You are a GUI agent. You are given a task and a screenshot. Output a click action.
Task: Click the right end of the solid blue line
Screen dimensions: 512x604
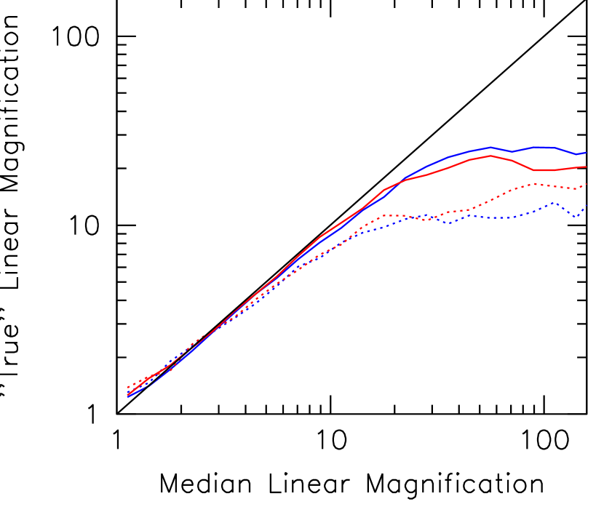point(587,153)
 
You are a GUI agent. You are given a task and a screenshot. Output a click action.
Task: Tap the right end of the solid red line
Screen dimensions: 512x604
point(587,167)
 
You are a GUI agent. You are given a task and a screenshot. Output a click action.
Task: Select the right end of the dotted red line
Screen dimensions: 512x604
point(587,183)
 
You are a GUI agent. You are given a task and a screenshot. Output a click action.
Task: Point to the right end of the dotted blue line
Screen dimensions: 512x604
point(587,206)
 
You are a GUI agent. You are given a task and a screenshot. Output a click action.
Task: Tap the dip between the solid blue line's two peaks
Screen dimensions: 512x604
point(512,151)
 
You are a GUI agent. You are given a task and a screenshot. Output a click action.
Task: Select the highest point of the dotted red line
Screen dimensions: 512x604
point(533,183)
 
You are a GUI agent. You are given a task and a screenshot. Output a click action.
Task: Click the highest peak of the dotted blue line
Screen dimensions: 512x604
point(553,203)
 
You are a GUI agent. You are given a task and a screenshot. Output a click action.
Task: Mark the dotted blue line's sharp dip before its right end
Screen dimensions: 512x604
point(576,217)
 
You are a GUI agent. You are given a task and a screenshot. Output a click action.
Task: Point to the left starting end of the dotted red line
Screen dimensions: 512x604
point(127,388)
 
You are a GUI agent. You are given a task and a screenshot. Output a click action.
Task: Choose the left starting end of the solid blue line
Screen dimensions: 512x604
point(127,396)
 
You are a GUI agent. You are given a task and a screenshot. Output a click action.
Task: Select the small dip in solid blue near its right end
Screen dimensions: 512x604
point(577,154)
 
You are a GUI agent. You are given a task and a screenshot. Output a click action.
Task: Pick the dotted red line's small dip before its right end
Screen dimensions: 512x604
point(576,189)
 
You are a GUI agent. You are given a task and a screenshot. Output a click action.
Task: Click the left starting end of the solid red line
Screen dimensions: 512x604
point(127,393)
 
